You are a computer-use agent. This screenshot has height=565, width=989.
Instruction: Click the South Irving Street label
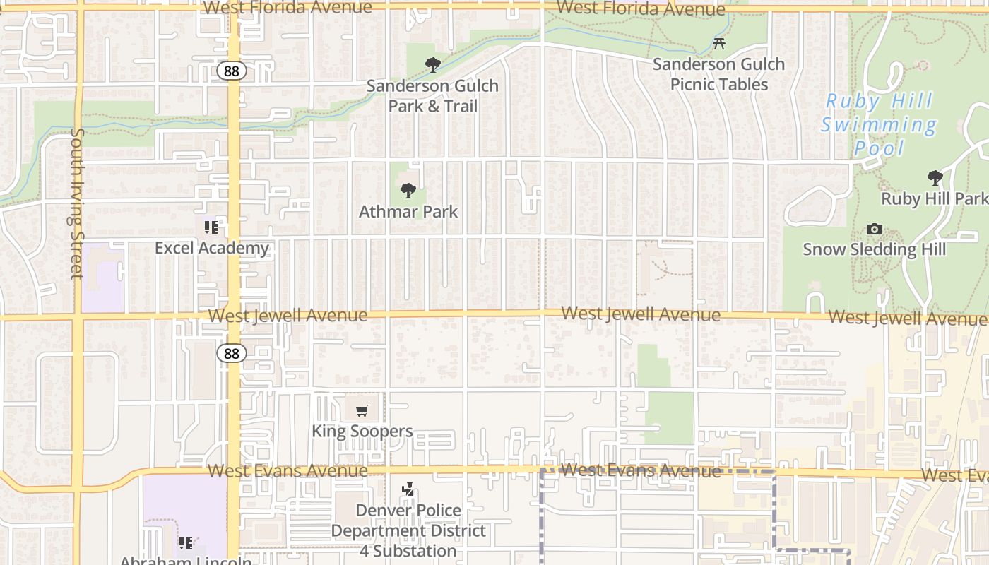(77, 203)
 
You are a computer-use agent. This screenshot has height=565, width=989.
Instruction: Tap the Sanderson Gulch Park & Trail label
(432, 96)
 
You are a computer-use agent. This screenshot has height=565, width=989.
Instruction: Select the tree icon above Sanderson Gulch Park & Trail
(433, 66)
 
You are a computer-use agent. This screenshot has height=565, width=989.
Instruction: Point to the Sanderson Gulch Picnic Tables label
(718, 74)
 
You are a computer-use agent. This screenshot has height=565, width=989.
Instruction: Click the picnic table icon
(719, 44)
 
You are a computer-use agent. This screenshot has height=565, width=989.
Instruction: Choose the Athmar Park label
(408, 211)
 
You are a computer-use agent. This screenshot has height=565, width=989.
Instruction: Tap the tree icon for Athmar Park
(408, 191)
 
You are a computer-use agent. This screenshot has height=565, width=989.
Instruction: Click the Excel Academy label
(212, 248)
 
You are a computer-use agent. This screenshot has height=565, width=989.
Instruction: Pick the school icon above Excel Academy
(211, 227)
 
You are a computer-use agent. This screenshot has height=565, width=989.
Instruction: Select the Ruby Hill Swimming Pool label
(880, 124)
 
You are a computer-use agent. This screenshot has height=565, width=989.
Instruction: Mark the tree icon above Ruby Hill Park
(935, 178)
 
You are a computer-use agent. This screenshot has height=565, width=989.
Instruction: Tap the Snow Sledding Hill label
(874, 249)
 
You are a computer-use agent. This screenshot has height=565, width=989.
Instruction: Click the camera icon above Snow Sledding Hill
(874, 230)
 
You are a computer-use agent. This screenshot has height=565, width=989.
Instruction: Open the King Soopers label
(362, 431)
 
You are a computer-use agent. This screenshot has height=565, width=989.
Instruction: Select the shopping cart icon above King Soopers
(362, 410)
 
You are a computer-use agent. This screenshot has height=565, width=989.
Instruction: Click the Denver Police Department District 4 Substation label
(408, 530)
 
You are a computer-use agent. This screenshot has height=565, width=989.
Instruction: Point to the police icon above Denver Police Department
(408, 489)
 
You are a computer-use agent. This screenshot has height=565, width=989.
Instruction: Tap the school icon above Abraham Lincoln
(185, 543)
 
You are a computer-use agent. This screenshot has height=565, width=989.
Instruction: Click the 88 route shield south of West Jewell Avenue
(232, 353)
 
